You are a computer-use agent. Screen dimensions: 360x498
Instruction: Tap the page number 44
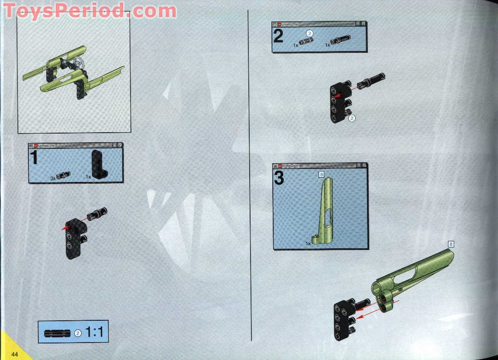(x=15, y=353)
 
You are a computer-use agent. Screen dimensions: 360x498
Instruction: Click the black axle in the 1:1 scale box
(x=56, y=333)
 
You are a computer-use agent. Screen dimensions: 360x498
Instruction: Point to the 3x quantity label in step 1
(x=52, y=178)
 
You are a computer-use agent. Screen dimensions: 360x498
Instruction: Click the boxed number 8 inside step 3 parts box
(x=321, y=175)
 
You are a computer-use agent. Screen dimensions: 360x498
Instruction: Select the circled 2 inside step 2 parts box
(x=309, y=33)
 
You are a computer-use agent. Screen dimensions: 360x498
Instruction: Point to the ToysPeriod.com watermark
(x=89, y=11)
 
